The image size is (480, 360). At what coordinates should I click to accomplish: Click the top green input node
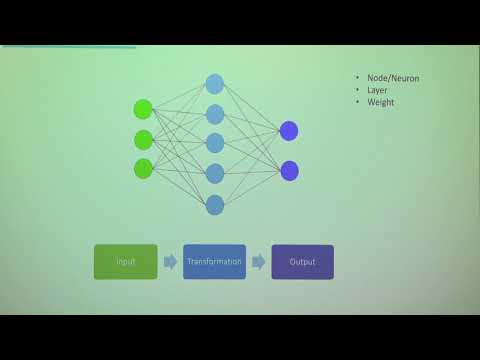pyautogui.click(x=143, y=109)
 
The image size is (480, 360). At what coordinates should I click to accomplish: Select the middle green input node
pyautogui.click(x=143, y=139)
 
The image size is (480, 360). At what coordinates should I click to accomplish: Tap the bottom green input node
pyautogui.click(x=143, y=168)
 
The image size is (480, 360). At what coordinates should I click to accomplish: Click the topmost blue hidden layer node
pyautogui.click(x=214, y=84)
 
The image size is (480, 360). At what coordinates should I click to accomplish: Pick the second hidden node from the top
pyautogui.click(x=214, y=114)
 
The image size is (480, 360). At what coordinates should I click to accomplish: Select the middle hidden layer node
pyautogui.click(x=214, y=143)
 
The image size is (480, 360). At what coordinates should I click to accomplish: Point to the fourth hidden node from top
pyautogui.click(x=214, y=174)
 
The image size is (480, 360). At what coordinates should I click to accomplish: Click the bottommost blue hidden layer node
pyautogui.click(x=214, y=205)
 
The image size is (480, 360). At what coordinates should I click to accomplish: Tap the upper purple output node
pyautogui.click(x=289, y=131)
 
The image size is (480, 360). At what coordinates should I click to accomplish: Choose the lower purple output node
pyautogui.click(x=289, y=170)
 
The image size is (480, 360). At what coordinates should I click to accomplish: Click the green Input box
pyautogui.click(x=125, y=262)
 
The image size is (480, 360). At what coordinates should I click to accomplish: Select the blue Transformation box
pyautogui.click(x=214, y=262)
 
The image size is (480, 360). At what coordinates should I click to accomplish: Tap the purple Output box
pyautogui.click(x=302, y=262)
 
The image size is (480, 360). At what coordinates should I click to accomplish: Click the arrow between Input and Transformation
pyautogui.click(x=170, y=262)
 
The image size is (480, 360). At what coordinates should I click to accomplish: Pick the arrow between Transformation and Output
pyautogui.click(x=258, y=262)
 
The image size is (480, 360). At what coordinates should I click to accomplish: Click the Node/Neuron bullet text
pyautogui.click(x=385, y=77)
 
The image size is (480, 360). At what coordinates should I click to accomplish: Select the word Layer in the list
pyautogui.click(x=376, y=89)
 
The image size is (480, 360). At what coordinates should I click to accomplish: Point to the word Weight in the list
pyautogui.click(x=379, y=101)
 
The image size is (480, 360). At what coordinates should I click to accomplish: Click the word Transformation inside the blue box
pyautogui.click(x=214, y=262)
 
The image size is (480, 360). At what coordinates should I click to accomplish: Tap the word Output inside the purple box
pyautogui.click(x=302, y=262)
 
